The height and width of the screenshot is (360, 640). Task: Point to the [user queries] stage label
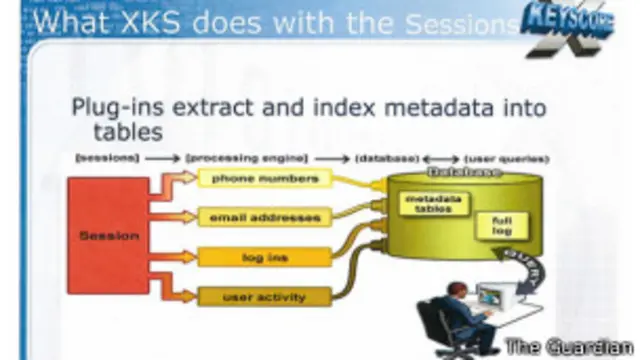pos(505,159)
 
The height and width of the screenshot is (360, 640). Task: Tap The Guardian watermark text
pos(568,346)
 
